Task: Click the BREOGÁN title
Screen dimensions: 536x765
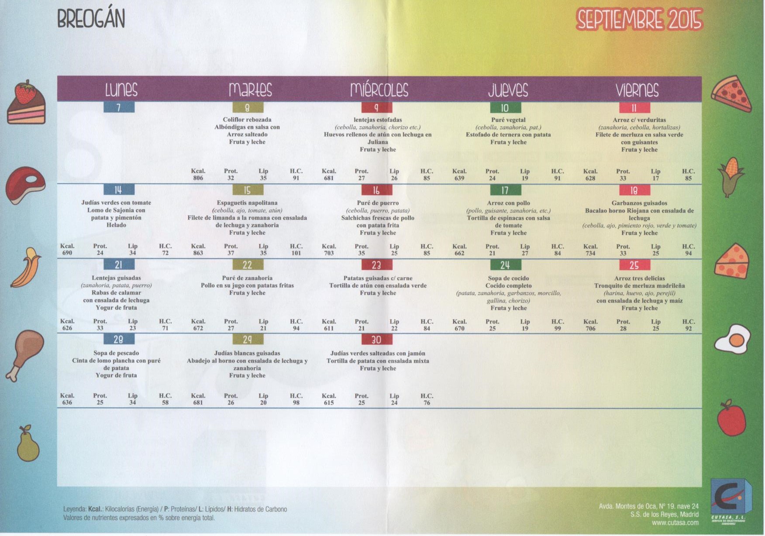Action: click(91, 19)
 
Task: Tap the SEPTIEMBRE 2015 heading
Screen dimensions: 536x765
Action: click(639, 20)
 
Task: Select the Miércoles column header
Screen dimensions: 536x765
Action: click(379, 90)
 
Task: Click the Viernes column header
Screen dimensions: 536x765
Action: click(637, 90)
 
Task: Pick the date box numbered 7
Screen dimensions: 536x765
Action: click(119, 107)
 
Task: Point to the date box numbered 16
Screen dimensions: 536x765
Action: click(376, 190)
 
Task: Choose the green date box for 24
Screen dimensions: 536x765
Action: click(505, 265)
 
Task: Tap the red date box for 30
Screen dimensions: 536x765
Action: click(376, 340)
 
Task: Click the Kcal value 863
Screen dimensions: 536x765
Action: click(198, 253)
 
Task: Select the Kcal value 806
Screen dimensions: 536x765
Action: click(198, 178)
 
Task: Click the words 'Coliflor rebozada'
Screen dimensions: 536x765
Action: click(247, 120)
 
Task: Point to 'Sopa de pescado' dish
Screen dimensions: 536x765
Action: click(116, 353)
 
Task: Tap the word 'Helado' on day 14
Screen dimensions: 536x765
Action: click(116, 225)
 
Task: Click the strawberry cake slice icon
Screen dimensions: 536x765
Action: click(26, 103)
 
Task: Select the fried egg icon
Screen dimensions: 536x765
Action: click(732, 339)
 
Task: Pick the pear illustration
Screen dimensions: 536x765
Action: click(28, 444)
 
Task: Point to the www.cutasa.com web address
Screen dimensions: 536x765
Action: click(675, 522)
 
